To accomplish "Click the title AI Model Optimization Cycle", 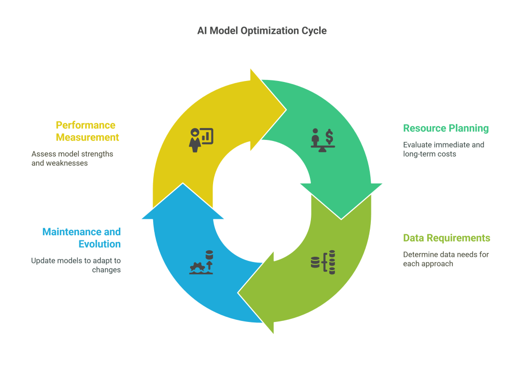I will (x=262, y=31).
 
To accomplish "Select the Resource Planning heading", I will (x=446, y=128).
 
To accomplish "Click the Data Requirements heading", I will (x=446, y=238).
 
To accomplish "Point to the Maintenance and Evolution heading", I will (x=81, y=238).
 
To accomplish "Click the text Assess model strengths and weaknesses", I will (x=72, y=158).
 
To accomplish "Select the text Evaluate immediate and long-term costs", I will (x=443, y=149).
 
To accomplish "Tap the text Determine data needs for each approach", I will (x=446, y=259).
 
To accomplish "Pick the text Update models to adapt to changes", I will (x=76, y=265).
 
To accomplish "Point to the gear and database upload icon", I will (x=201, y=262).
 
